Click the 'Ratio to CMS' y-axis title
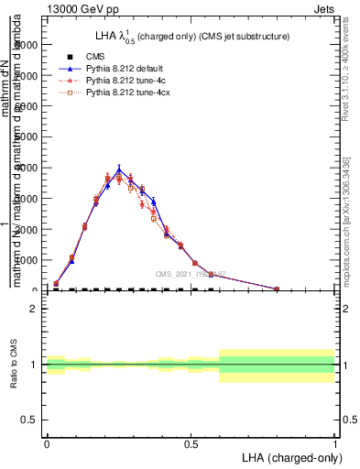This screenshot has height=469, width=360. [13, 365]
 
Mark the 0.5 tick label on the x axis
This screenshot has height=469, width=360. [191, 444]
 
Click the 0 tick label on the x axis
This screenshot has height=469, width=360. [47, 444]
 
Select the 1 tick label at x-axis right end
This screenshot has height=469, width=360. [334, 444]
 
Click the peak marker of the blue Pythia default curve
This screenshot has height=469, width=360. [119, 169]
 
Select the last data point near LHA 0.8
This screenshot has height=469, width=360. [277, 289]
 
